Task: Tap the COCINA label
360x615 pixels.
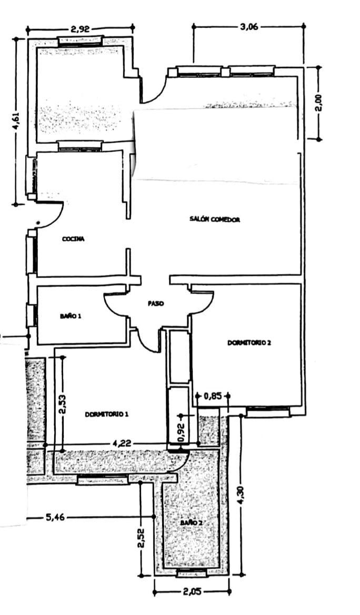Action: [x=73, y=239]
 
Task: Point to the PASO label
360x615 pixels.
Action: [x=156, y=303]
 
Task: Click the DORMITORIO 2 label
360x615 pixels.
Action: [x=249, y=342]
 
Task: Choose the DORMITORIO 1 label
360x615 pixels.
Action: [x=107, y=414]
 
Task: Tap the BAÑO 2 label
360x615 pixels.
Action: [x=192, y=523]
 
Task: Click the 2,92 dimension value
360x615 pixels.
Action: [x=81, y=28]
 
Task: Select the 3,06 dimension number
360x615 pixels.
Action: [x=248, y=27]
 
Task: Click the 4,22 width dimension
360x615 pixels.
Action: [x=122, y=444]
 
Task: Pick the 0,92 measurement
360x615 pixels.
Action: [x=181, y=431]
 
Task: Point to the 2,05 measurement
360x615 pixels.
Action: [x=193, y=591]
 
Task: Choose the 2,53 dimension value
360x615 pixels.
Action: [x=62, y=405]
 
